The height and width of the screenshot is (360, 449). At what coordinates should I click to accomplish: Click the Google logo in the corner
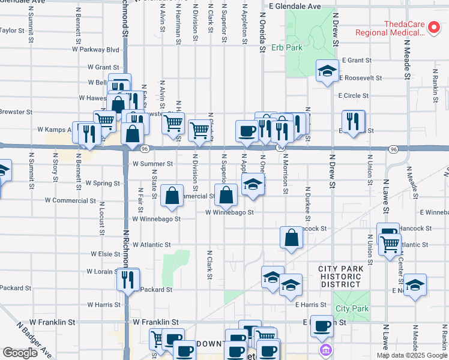click(x=20, y=353)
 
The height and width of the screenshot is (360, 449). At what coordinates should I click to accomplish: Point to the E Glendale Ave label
click(x=295, y=6)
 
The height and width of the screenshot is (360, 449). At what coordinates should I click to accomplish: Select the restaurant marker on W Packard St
click(x=128, y=279)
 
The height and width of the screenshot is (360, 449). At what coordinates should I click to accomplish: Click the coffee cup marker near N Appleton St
click(x=246, y=131)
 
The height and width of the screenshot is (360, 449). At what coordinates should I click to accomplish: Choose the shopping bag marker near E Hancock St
click(x=291, y=237)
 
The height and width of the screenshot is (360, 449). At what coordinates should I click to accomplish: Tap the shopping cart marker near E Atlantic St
click(x=390, y=245)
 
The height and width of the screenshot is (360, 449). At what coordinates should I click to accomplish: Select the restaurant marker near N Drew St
click(x=353, y=121)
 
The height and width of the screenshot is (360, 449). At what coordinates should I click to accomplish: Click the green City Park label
click(x=352, y=308)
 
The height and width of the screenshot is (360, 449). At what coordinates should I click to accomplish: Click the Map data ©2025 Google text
click(x=412, y=355)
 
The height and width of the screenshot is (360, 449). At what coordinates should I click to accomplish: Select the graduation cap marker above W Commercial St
click(x=253, y=184)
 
